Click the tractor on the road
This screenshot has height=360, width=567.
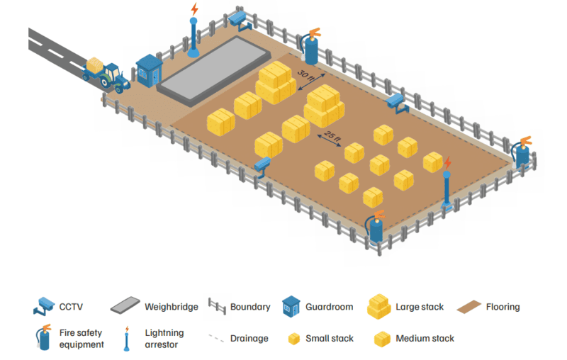click(x=110, y=77)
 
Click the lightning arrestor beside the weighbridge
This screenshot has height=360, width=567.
click(x=193, y=32)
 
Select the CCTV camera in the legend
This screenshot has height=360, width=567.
click(x=44, y=307)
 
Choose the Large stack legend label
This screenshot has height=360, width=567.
click(x=420, y=307)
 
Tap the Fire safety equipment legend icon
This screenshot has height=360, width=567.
click(x=44, y=338)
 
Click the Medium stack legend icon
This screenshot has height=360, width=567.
click(x=383, y=339)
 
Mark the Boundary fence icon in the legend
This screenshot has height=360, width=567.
click(x=217, y=307)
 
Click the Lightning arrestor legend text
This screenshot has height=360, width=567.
click(x=164, y=338)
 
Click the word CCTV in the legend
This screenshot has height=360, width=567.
click(x=72, y=308)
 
